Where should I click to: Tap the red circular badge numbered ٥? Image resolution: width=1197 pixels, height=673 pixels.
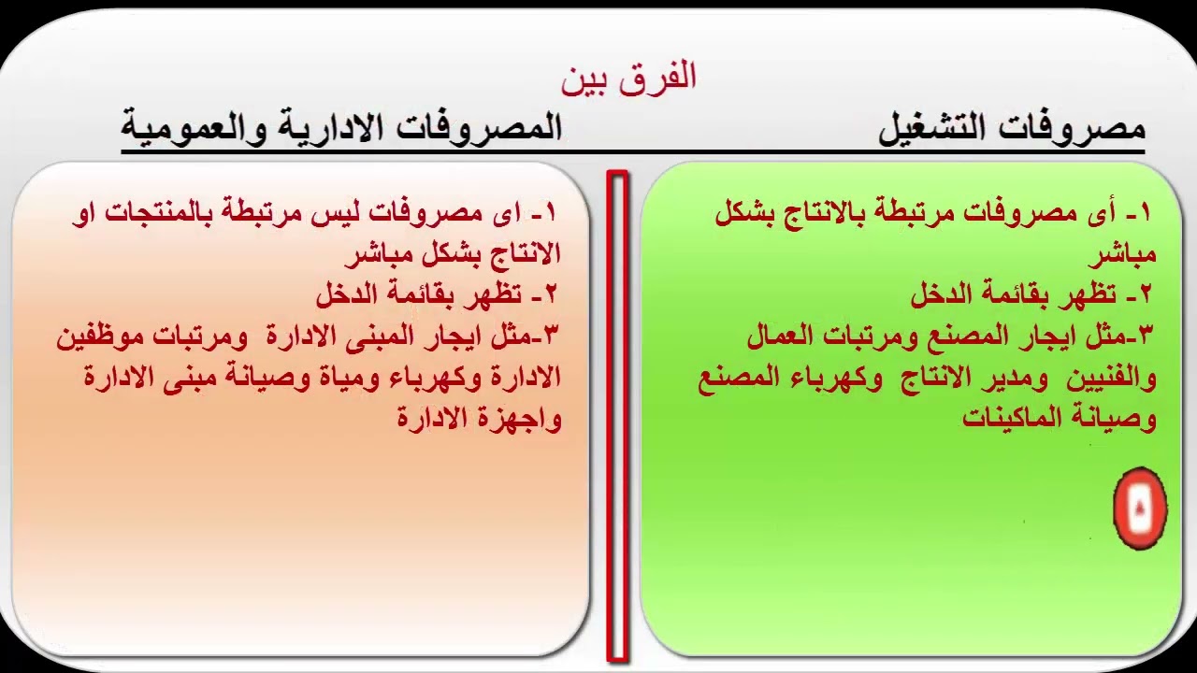(1140, 508)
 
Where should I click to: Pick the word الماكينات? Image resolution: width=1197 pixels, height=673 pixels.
(1006, 418)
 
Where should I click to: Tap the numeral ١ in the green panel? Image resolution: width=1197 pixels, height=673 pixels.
(1145, 213)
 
